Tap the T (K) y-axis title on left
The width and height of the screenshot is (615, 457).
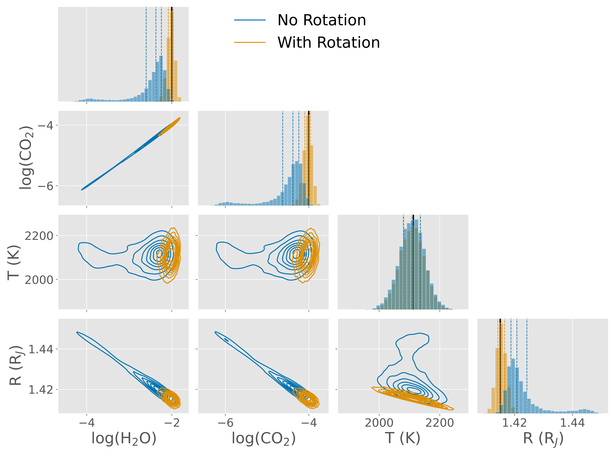14,262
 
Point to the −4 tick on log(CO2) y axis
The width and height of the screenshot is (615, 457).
45,125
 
